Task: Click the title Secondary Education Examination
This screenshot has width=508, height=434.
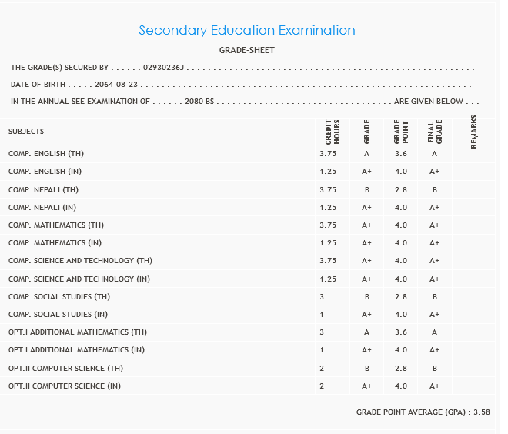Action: (x=246, y=31)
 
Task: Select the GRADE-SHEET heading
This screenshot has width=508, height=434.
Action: (x=247, y=51)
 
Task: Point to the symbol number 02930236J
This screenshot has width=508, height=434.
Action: (x=164, y=68)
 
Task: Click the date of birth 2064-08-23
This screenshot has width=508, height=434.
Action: (x=116, y=85)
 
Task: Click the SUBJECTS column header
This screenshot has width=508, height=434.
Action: (x=26, y=132)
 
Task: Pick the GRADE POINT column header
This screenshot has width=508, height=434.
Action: (x=400, y=132)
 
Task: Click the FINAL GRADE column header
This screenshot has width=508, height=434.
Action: (x=434, y=132)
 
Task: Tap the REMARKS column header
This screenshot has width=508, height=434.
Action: (x=473, y=132)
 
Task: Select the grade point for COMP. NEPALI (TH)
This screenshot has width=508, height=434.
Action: (x=400, y=189)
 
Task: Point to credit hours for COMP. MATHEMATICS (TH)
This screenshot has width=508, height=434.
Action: (x=328, y=225)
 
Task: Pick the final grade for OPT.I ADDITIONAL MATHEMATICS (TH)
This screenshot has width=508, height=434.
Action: (x=434, y=332)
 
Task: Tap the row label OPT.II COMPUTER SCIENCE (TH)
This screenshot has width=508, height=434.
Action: (x=65, y=369)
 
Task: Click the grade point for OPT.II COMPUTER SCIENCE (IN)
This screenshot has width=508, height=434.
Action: (x=400, y=386)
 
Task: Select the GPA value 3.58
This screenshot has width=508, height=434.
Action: (x=483, y=412)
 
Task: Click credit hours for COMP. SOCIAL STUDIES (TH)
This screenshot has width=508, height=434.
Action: (x=322, y=297)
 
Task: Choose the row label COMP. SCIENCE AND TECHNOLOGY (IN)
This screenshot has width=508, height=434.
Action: (x=79, y=279)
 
